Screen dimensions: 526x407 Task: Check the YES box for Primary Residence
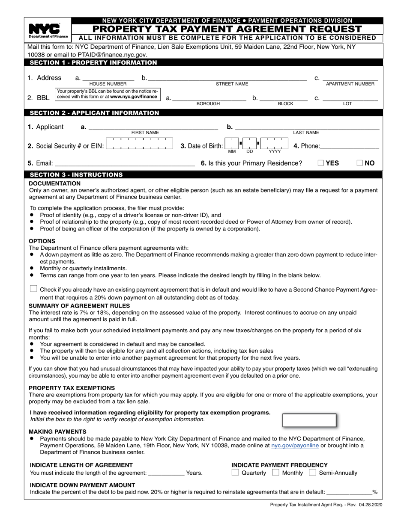[x=321, y=163]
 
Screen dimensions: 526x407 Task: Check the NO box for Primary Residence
[x=360, y=163]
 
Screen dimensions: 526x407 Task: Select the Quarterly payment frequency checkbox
[x=235, y=473]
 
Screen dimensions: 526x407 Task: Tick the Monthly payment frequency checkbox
[x=276, y=473]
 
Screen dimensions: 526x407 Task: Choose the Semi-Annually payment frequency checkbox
[x=313, y=473]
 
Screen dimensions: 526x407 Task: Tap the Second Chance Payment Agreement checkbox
[x=33, y=289]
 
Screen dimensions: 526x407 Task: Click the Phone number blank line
[x=350, y=146]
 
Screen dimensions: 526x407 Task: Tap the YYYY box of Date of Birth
[x=275, y=144]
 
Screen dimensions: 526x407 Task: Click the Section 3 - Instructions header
[x=76, y=175]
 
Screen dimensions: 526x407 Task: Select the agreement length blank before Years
[x=166, y=473]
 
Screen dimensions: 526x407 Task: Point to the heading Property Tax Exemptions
[x=72, y=388]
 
